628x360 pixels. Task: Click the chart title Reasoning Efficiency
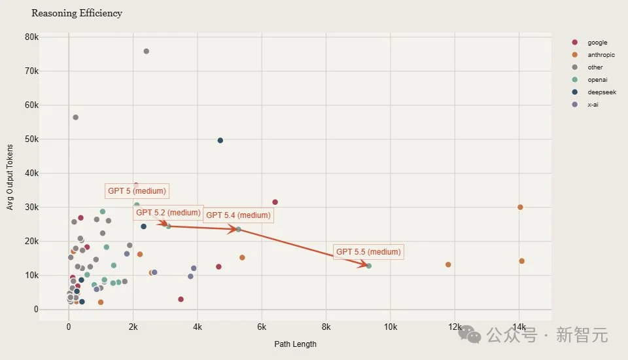point(77,13)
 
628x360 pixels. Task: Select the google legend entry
point(597,43)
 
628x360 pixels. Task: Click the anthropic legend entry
point(601,55)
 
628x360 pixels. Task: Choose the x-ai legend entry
point(593,104)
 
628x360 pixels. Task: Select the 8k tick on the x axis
point(326,327)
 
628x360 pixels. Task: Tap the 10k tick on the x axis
point(391,327)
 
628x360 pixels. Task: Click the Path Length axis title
point(294,344)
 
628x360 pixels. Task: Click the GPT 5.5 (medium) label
point(368,252)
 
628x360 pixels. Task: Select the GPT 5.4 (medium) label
point(238,215)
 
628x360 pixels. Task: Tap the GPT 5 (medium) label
point(137,191)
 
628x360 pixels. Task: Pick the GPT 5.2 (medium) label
point(168,213)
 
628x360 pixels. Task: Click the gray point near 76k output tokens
point(146,51)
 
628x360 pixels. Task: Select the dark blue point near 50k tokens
point(220,141)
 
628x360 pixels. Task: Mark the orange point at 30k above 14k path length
point(520,207)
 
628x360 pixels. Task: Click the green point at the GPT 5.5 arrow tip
point(369,266)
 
